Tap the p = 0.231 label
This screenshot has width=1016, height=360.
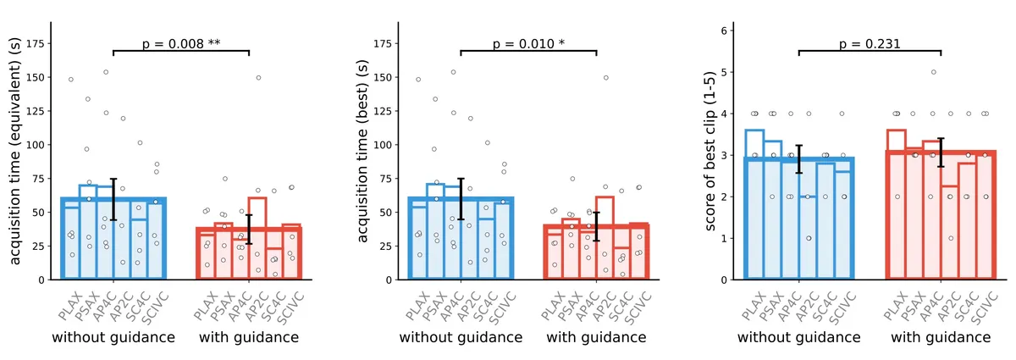[x=870, y=44]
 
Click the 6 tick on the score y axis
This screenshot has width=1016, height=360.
[x=725, y=30]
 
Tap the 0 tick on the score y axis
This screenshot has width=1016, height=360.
[x=725, y=280]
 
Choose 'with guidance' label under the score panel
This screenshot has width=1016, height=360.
[x=941, y=337]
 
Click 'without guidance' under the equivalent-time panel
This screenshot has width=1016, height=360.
[x=113, y=337]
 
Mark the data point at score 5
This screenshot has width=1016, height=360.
[x=934, y=72]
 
